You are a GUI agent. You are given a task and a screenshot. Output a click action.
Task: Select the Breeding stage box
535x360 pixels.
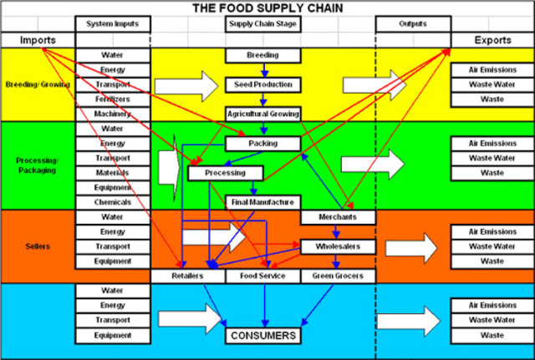tap(262, 55)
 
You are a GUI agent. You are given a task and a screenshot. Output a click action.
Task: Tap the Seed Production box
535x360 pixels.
tap(262, 84)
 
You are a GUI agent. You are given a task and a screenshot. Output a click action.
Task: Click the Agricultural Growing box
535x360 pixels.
tap(262, 114)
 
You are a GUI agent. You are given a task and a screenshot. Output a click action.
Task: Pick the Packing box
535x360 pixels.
tap(262, 144)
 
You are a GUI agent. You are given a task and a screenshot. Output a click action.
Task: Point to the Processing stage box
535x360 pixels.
tap(225, 173)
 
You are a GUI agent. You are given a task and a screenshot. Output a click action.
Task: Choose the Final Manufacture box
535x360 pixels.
tap(262, 202)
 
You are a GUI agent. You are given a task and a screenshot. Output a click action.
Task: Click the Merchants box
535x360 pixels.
tap(337, 217)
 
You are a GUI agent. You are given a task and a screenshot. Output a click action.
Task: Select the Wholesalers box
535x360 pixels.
tap(337, 246)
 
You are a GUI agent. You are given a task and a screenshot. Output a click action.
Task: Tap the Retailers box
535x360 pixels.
tap(187, 276)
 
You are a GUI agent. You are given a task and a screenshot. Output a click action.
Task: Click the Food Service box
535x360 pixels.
tap(262, 276)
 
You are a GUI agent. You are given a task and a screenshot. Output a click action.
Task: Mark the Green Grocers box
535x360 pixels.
tap(337, 276)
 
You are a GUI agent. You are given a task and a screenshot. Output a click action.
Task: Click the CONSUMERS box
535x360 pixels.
tap(262, 336)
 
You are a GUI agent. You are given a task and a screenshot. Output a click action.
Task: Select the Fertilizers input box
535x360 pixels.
tap(112, 99)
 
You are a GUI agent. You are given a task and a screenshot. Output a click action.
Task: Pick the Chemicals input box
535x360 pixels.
tap(112, 202)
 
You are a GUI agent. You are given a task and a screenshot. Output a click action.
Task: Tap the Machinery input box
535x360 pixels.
tap(112, 114)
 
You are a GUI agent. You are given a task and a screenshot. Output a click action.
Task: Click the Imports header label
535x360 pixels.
tap(37, 40)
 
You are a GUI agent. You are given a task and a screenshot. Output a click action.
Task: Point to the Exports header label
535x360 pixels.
tap(492, 40)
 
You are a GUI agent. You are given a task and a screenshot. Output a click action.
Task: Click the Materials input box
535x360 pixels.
tap(112, 173)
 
